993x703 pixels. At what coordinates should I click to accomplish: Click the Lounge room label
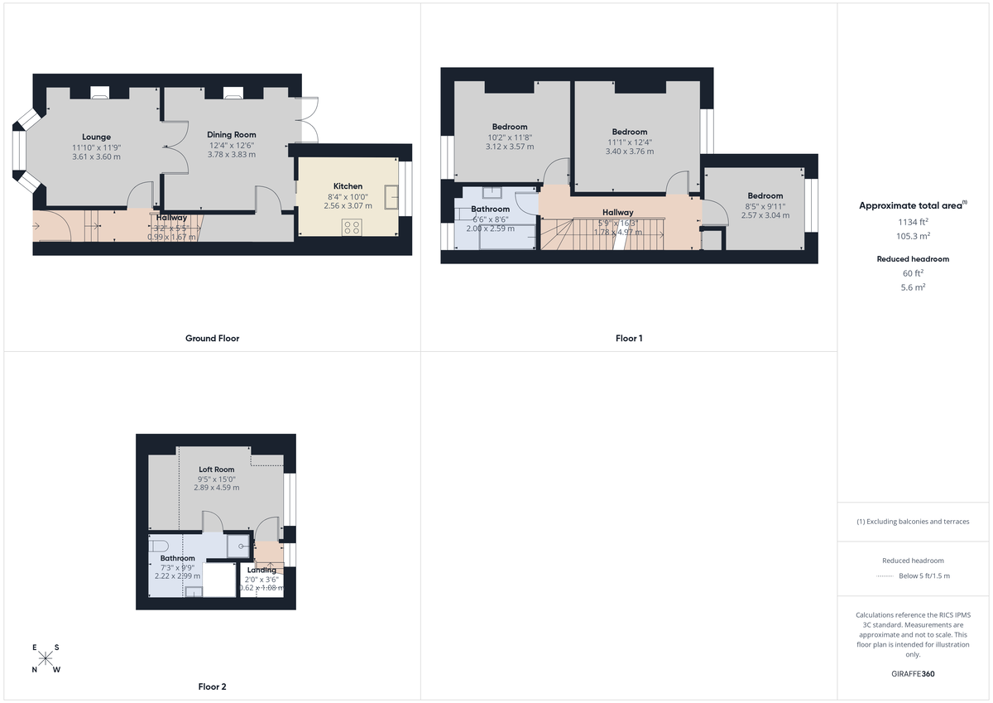coord(96,137)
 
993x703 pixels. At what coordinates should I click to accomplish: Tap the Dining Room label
coord(232,134)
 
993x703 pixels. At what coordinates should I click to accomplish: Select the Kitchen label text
coord(348,186)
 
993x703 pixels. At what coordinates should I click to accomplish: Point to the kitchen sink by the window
coord(391,200)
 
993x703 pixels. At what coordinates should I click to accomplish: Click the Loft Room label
coord(217,469)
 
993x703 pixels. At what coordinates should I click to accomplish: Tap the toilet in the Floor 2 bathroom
coord(159,545)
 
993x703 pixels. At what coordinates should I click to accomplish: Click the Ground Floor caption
coord(212,338)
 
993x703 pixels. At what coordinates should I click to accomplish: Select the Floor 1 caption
coord(629,338)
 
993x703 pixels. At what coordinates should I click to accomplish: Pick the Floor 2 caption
coord(212,686)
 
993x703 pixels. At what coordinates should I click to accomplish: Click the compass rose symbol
coord(46,658)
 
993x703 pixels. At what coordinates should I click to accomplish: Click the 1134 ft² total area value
coord(914,221)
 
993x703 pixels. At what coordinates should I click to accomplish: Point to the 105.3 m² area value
coord(914,235)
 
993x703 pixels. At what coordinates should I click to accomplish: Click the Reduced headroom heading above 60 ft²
coord(913,259)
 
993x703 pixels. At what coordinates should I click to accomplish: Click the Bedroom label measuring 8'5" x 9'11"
coord(765,196)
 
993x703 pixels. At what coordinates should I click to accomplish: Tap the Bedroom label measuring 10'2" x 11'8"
coord(510,127)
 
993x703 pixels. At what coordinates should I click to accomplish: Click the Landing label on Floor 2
coord(262,571)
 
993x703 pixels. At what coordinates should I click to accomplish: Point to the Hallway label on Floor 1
coord(617,213)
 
